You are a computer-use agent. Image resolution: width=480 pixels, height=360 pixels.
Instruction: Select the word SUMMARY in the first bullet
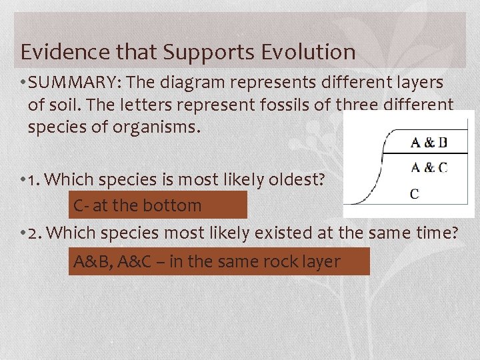pyautogui.click(x=74, y=83)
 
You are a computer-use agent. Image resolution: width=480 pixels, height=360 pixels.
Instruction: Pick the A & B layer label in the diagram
pyautogui.click(x=429, y=142)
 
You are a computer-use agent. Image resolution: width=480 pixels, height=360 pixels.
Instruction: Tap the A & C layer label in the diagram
pyautogui.click(x=429, y=167)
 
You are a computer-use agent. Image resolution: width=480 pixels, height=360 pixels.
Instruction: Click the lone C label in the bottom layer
pyautogui.click(x=414, y=194)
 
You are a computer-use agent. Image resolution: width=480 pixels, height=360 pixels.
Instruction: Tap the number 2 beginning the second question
pyautogui.click(x=34, y=233)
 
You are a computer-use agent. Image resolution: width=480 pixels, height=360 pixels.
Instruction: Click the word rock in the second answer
pyautogui.click(x=271, y=262)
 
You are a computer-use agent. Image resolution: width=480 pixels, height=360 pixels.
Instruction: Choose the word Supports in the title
pyautogui.click(x=211, y=51)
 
